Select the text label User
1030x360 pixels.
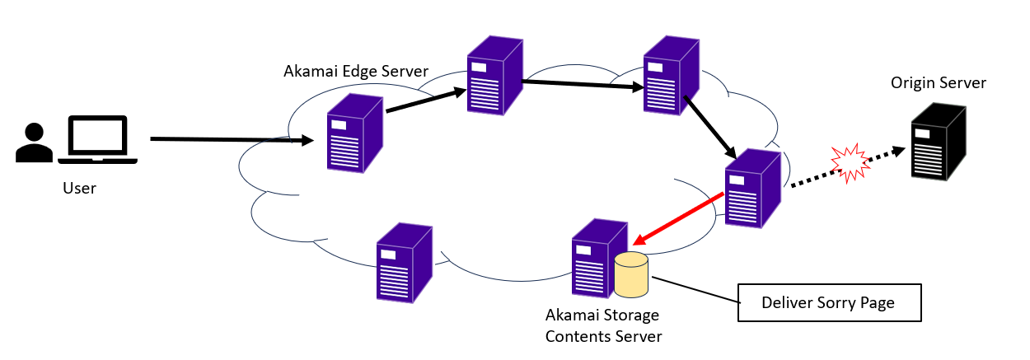[x=79, y=189]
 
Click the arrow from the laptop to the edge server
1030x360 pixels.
[x=231, y=141]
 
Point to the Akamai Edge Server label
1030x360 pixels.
[x=355, y=71]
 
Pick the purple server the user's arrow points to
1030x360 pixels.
[x=354, y=133]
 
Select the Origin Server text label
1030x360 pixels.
[x=938, y=83]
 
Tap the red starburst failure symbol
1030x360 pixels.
[x=850, y=161]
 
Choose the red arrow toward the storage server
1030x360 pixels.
[x=680, y=220]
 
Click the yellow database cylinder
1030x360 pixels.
[x=632, y=275]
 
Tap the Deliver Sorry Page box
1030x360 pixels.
[x=829, y=303]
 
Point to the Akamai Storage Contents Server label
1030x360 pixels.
[x=603, y=325]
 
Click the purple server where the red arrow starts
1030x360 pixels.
[x=751, y=188]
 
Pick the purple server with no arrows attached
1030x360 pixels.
[x=404, y=261]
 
